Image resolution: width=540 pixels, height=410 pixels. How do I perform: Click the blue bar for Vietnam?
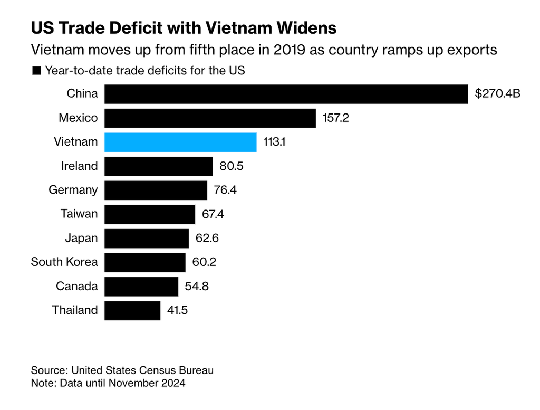tap(180, 142)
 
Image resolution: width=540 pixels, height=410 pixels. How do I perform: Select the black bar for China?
tap(286, 94)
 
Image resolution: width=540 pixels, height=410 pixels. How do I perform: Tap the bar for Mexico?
tap(210, 118)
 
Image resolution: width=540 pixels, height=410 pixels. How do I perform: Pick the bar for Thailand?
tap(132, 310)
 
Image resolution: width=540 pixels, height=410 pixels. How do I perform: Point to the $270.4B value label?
tap(497, 94)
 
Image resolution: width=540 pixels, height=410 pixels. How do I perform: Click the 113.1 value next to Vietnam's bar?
tap(275, 142)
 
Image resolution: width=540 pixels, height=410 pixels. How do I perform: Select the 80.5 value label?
tap(231, 166)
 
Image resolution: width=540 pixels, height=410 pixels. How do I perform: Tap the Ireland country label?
tap(80, 166)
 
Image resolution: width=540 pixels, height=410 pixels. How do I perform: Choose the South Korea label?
tap(64, 262)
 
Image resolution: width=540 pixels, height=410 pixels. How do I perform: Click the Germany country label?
tap(73, 190)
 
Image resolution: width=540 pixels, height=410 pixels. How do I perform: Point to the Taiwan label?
tap(80, 214)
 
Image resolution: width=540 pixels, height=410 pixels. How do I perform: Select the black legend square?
tap(36, 70)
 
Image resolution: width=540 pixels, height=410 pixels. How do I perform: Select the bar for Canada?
tap(141, 286)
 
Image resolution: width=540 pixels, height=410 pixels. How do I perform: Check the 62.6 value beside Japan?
tap(207, 238)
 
